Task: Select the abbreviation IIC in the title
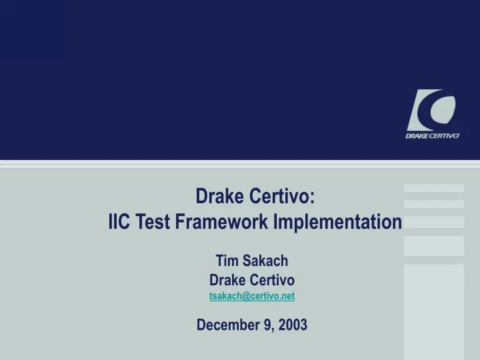coord(120,221)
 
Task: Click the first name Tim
coord(227,261)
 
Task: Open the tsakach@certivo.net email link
coord(252,296)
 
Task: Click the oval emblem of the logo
coord(433,111)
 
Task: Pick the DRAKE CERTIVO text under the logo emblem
coord(433,135)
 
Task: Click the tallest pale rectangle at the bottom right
coord(433,311)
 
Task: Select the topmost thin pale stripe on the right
coord(433,188)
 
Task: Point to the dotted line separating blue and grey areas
coord(240,163)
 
